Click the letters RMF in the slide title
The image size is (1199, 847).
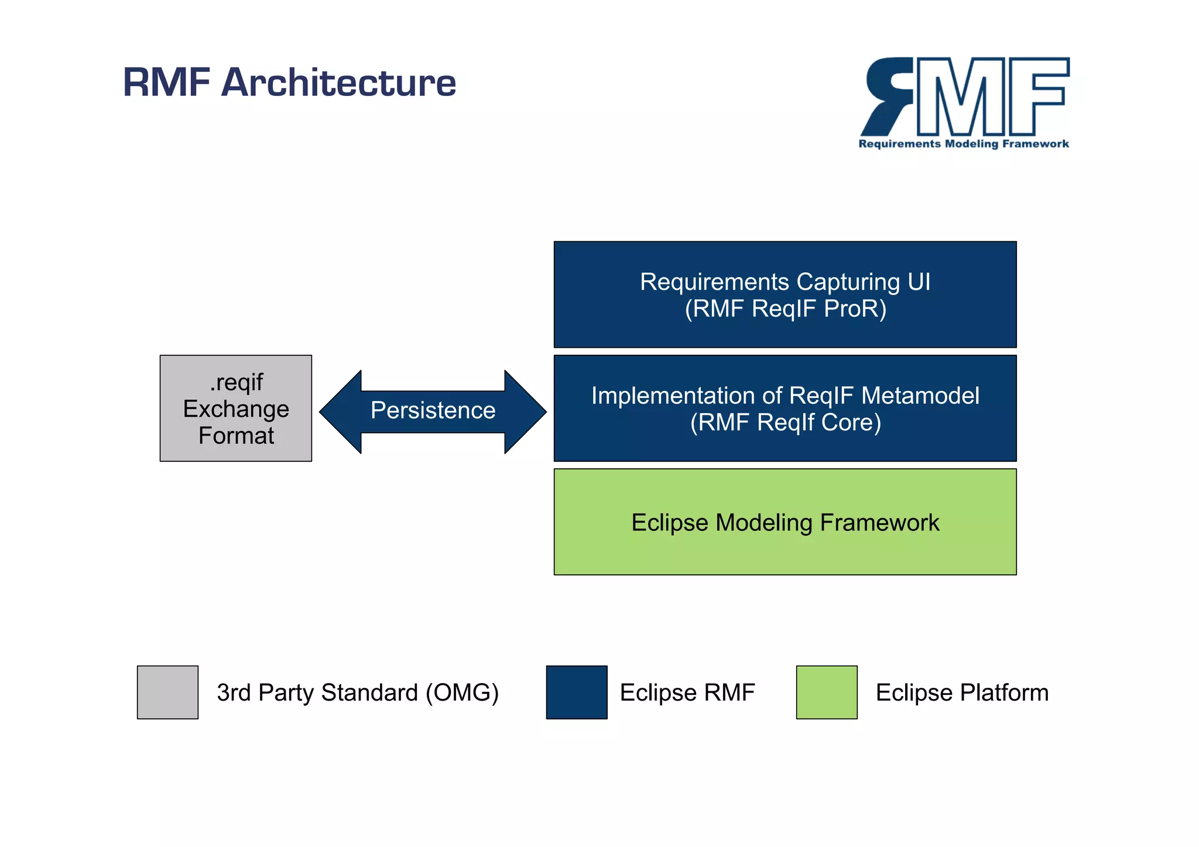(166, 83)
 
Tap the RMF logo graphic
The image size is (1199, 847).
(965, 97)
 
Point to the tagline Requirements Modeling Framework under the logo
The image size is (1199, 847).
(964, 144)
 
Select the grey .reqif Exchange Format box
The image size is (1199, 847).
(236, 408)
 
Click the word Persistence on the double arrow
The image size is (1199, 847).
(433, 410)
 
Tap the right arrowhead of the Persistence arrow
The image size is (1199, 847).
(525, 412)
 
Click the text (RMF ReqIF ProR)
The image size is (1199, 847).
(785, 309)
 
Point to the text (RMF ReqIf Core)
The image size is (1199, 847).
(785, 423)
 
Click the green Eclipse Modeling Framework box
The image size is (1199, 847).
(785, 522)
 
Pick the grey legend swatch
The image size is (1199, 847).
(167, 692)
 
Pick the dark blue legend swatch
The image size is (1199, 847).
(577, 692)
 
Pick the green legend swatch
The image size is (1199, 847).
(827, 692)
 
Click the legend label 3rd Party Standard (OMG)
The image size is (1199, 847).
(358, 692)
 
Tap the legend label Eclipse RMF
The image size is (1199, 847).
(687, 692)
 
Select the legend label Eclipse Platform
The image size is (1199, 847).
(962, 692)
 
